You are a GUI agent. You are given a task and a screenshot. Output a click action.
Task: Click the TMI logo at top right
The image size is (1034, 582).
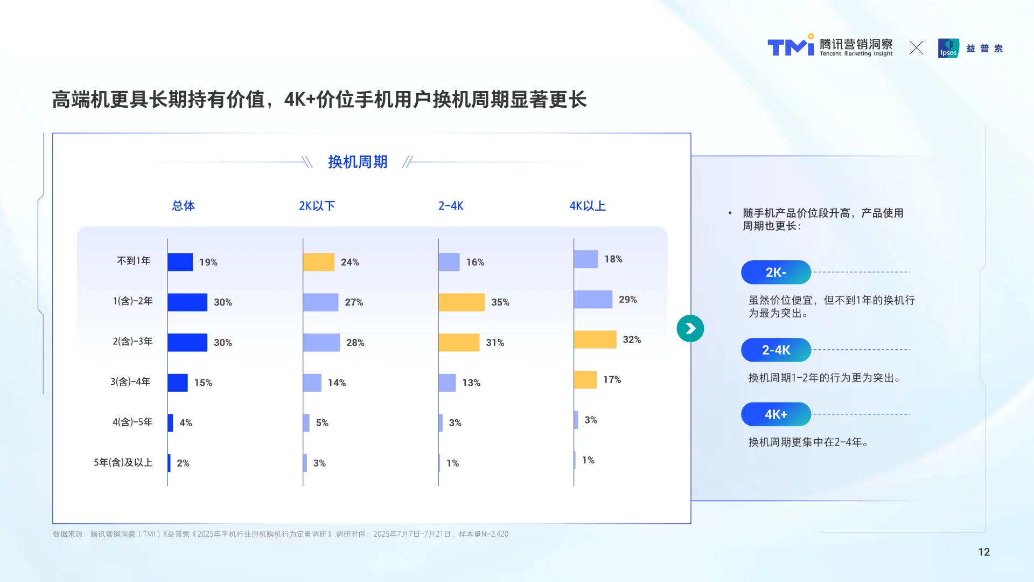pyautogui.click(x=790, y=47)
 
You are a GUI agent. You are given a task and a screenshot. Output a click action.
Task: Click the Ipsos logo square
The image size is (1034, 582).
pyautogui.click(x=948, y=48)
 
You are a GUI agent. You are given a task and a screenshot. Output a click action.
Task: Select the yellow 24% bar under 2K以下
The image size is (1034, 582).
pyautogui.click(x=318, y=262)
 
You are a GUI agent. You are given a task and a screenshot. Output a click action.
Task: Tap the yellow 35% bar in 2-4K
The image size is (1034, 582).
pyautogui.click(x=461, y=302)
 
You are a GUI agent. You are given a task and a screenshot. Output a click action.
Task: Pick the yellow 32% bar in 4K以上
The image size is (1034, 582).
pyautogui.click(x=595, y=339)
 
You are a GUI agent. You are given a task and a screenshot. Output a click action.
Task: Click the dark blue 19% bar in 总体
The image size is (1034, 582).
pyautogui.click(x=180, y=262)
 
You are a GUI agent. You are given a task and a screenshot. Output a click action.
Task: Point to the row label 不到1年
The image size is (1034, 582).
pyautogui.click(x=134, y=261)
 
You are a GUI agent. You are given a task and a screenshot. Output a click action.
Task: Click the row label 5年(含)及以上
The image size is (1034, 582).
pyautogui.click(x=123, y=462)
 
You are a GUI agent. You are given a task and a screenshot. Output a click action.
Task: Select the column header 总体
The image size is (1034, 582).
pyautogui.click(x=183, y=206)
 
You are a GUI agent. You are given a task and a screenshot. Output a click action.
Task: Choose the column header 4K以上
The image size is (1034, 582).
pyautogui.click(x=587, y=206)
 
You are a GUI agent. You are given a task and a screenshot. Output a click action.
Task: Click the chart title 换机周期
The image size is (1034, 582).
pyautogui.click(x=358, y=162)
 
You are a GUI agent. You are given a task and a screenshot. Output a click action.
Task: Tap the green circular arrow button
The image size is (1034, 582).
pyautogui.click(x=690, y=329)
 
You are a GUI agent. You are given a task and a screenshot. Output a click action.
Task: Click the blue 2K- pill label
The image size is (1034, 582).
pyautogui.click(x=775, y=273)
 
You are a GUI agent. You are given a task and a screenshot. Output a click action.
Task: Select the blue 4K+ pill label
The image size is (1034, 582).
pyautogui.click(x=775, y=414)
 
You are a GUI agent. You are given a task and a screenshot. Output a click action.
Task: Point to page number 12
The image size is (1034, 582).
pyautogui.click(x=983, y=552)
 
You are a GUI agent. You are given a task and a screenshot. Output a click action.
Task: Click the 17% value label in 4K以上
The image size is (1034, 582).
pyautogui.click(x=612, y=380)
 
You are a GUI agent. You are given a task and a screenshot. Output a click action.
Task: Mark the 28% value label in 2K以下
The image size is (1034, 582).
pyautogui.click(x=355, y=343)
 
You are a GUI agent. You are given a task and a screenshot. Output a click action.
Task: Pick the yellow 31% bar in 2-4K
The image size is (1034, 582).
pyautogui.click(x=458, y=343)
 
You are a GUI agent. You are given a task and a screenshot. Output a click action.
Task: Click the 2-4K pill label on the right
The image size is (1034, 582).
pyautogui.click(x=775, y=350)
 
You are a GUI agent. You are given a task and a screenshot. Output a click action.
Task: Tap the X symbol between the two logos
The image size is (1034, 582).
pyautogui.click(x=916, y=48)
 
